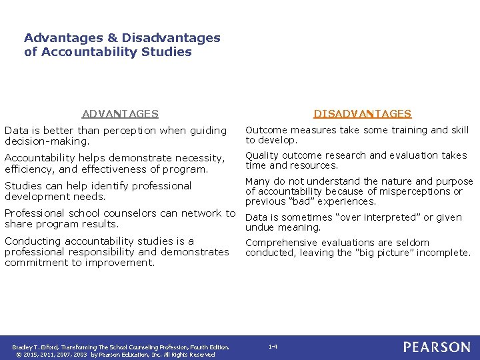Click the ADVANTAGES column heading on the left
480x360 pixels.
(120, 114)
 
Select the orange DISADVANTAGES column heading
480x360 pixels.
(363, 114)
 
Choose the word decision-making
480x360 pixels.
(47, 141)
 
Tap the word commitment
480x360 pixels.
(36, 263)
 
